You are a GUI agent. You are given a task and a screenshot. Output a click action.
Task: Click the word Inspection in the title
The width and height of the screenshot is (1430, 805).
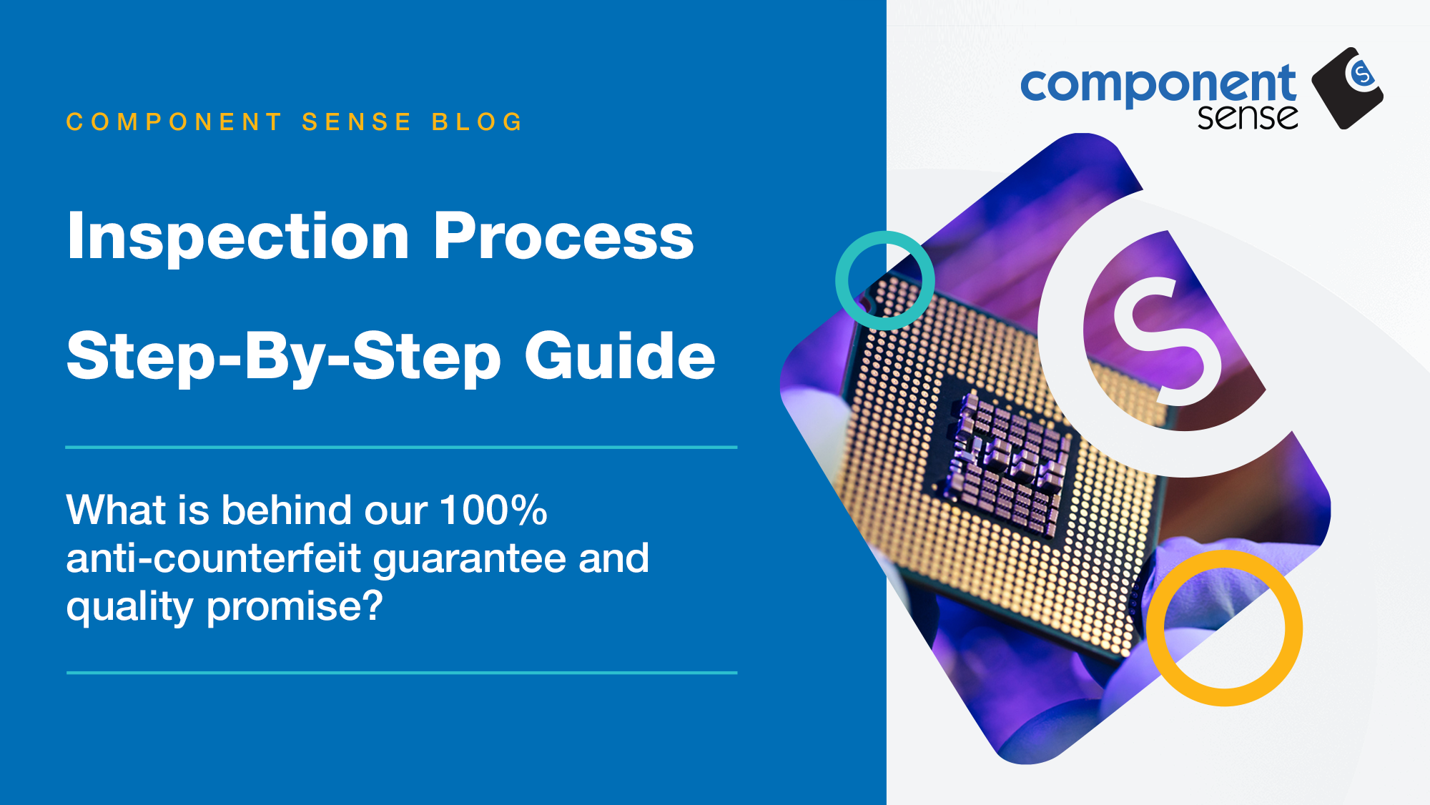239,237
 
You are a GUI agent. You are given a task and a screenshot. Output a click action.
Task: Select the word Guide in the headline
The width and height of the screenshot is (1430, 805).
620,355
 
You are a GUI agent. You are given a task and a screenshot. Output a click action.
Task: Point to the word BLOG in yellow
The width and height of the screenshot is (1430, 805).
478,122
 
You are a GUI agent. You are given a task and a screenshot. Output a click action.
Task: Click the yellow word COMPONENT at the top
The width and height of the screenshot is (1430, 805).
174,122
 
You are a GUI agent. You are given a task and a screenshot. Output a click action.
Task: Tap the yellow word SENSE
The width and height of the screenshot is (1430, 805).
357,122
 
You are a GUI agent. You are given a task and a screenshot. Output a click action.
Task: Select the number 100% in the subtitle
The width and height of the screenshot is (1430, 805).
494,510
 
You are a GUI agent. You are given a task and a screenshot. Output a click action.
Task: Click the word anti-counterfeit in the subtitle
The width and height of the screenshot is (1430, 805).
214,558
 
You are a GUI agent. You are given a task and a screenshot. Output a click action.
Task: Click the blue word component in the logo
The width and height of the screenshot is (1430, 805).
1158,87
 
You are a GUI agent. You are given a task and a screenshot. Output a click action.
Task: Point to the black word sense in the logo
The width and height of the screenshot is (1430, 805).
1248,117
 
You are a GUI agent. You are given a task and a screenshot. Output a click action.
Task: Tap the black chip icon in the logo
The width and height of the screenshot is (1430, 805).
1347,88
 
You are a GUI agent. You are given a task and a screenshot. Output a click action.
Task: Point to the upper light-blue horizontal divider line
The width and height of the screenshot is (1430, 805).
401,448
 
